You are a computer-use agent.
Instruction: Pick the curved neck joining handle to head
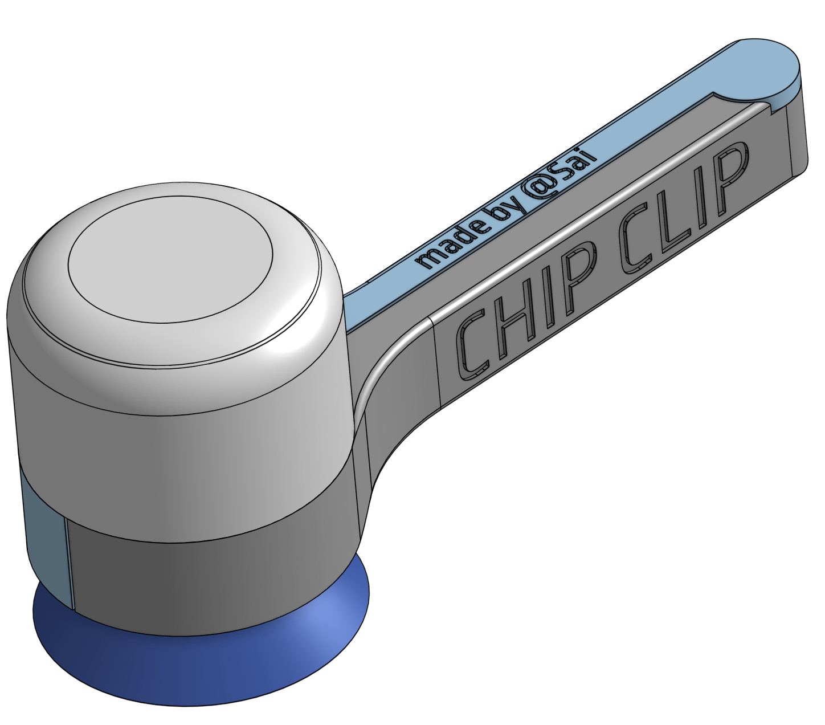tap(387, 410)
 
